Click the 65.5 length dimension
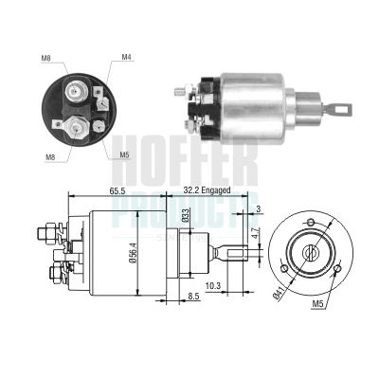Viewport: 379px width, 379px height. click(x=117, y=190)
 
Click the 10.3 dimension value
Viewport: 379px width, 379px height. click(x=213, y=284)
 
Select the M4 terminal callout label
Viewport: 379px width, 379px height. click(x=127, y=58)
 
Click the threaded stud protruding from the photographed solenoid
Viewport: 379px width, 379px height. click(x=181, y=91)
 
